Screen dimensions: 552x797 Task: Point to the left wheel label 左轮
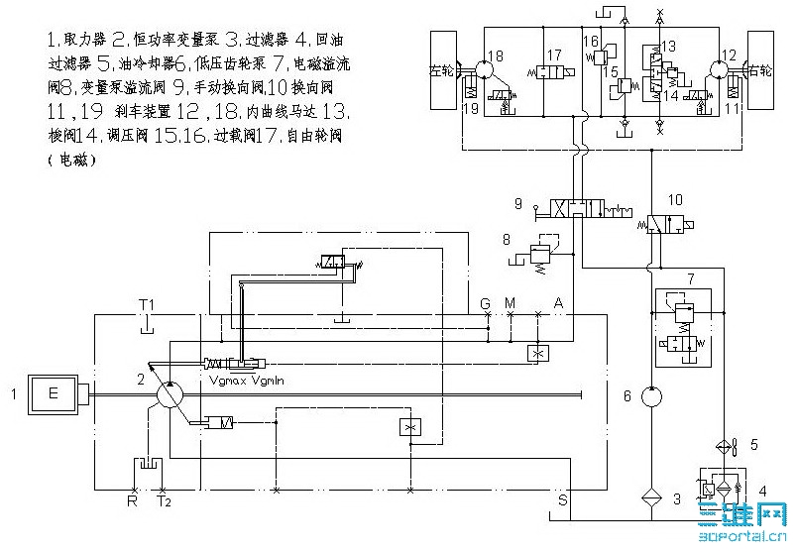443,71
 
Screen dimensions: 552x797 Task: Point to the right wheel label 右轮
760,71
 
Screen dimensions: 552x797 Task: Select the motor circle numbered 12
720,72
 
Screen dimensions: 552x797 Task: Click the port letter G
486,302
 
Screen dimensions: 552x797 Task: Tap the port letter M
511,302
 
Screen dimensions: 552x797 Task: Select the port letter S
562,502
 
